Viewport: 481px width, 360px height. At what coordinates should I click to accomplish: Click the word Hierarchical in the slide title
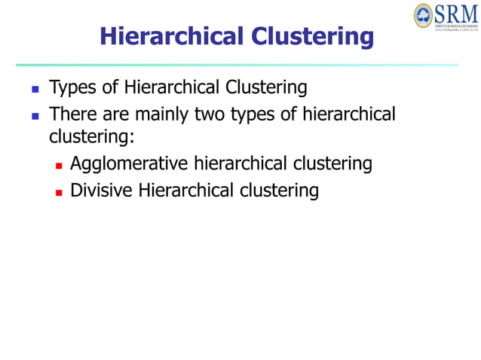(173, 36)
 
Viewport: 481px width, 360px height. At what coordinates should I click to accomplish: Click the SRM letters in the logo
(457, 13)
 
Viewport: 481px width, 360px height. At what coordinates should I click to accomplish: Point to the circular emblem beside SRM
(424, 14)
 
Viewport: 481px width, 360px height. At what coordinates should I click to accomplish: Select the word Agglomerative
(129, 163)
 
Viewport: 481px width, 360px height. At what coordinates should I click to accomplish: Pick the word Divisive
(100, 191)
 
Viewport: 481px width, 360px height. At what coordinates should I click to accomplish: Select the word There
(72, 115)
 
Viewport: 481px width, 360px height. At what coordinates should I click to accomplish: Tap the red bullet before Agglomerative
(58, 165)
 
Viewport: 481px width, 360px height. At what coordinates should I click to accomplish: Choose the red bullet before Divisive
(58, 192)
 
